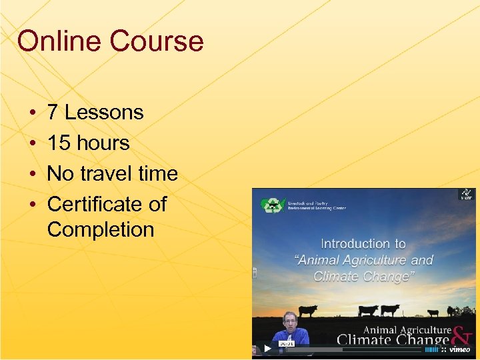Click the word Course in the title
[x=157, y=41]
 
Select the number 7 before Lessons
[x=53, y=113]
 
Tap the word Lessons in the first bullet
[x=103, y=113]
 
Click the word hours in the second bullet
[x=103, y=143]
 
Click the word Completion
[x=101, y=230]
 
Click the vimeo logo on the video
[x=459, y=349]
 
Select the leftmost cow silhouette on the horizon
[x=308, y=310]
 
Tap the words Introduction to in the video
[x=363, y=244]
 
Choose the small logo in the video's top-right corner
[x=466, y=195]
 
